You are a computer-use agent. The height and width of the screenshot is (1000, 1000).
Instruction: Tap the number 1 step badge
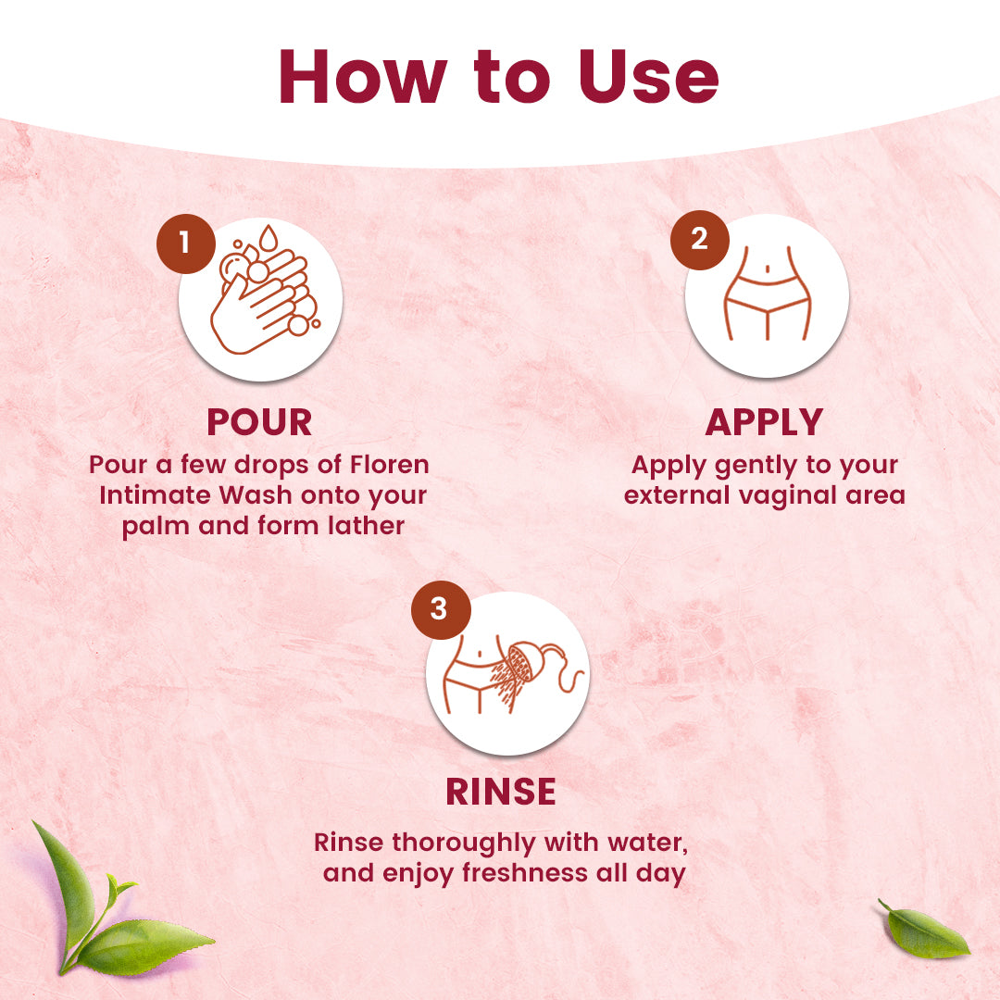184,243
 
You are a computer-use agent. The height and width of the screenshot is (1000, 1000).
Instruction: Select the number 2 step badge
699,239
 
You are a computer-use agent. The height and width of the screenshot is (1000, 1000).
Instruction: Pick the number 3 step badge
439,609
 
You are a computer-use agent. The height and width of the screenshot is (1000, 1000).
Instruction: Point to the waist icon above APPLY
767,294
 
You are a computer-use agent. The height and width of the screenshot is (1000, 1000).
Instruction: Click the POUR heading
259,422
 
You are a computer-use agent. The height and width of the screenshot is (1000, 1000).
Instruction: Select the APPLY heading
764,422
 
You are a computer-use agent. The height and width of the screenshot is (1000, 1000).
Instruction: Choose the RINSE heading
501,792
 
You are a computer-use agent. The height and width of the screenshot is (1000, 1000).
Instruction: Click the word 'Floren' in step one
391,464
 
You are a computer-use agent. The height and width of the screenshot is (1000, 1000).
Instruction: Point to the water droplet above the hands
269,239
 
